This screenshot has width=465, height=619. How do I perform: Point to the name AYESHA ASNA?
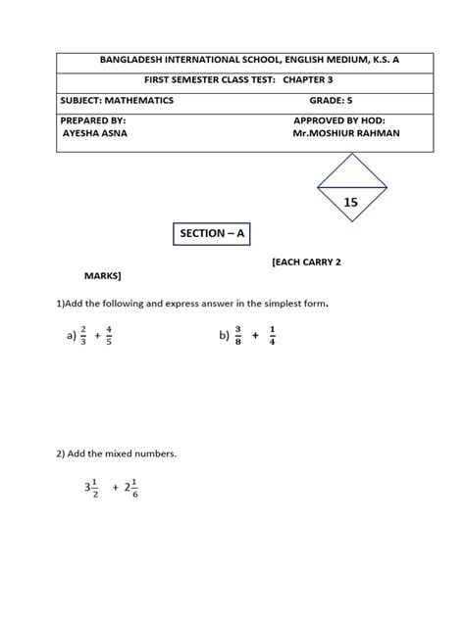click(95, 132)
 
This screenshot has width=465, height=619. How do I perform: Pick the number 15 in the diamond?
click(350, 201)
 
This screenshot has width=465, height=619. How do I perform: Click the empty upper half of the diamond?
click(350, 173)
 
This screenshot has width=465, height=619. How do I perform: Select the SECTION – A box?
click(212, 234)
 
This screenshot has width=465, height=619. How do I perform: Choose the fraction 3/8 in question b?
click(236, 335)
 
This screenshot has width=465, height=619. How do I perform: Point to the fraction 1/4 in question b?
click(271, 335)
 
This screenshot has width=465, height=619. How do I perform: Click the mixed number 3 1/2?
click(90, 487)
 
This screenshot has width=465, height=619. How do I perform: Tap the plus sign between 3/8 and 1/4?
click(254, 335)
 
